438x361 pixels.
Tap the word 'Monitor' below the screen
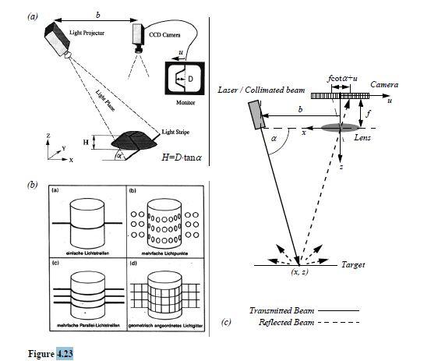pos(185,102)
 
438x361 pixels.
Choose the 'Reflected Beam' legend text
pos(273,322)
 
